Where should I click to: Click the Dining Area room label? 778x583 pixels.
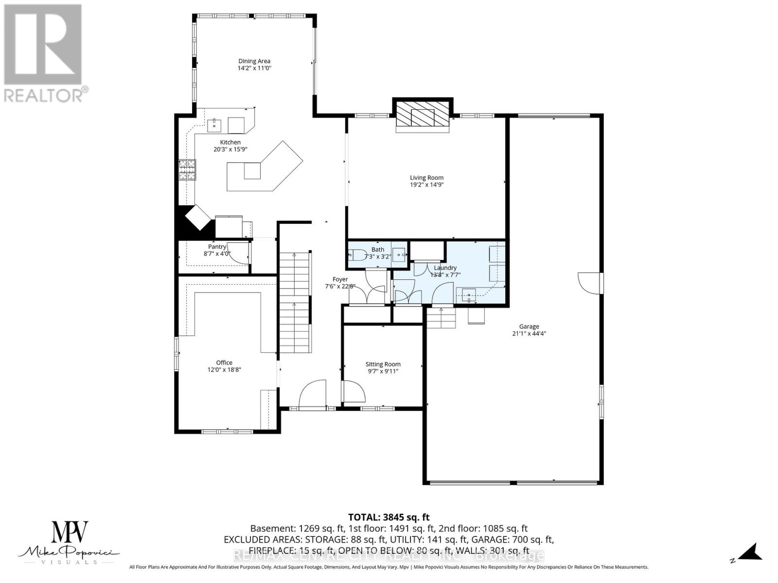[x=254, y=61]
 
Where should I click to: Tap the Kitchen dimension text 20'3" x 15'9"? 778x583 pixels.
[x=230, y=150]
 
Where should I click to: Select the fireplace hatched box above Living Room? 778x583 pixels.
[x=422, y=116]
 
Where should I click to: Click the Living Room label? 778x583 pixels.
[x=426, y=178]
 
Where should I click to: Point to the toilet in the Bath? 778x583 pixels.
[x=357, y=255]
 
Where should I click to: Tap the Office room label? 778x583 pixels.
[x=224, y=362]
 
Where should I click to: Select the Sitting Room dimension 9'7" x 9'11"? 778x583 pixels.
[x=383, y=371]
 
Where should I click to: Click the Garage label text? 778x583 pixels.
[x=529, y=326]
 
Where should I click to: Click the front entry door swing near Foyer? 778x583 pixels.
[x=313, y=394]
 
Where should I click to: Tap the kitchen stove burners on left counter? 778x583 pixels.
[x=187, y=170]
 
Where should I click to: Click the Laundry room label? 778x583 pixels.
[x=445, y=268]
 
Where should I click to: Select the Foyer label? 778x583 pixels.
[x=340, y=279]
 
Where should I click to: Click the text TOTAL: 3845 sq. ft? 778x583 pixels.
[x=389, y=517]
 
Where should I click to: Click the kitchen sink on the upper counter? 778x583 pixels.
[x=214, y=125]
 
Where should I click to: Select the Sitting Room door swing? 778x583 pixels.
[x=353, y=391]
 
